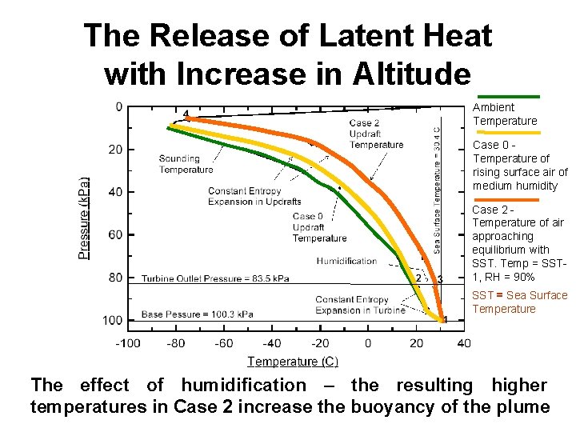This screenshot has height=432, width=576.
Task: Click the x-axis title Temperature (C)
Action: (293, 362)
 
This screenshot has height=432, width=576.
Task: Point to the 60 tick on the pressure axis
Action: (117, 234)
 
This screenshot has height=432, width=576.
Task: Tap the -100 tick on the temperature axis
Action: (128, 343)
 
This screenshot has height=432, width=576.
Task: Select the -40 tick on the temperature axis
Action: (272, 343)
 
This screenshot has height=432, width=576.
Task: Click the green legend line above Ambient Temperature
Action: (506, 97)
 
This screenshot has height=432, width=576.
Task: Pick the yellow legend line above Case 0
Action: (506, 133)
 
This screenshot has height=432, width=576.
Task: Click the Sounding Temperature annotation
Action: (186, 163)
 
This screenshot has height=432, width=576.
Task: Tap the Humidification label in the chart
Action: (346, 261)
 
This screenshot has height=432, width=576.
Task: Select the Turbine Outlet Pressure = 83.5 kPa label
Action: (215, 278)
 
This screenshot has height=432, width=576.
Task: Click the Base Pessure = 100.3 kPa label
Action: (198, 314)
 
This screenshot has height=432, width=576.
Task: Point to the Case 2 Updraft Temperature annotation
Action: (376, 134)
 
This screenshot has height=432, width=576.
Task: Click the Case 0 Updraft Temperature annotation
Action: (319, 227)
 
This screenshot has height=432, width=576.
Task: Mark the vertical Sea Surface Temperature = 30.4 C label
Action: (437, 190)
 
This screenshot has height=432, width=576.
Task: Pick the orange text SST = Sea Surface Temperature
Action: (520, 302)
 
